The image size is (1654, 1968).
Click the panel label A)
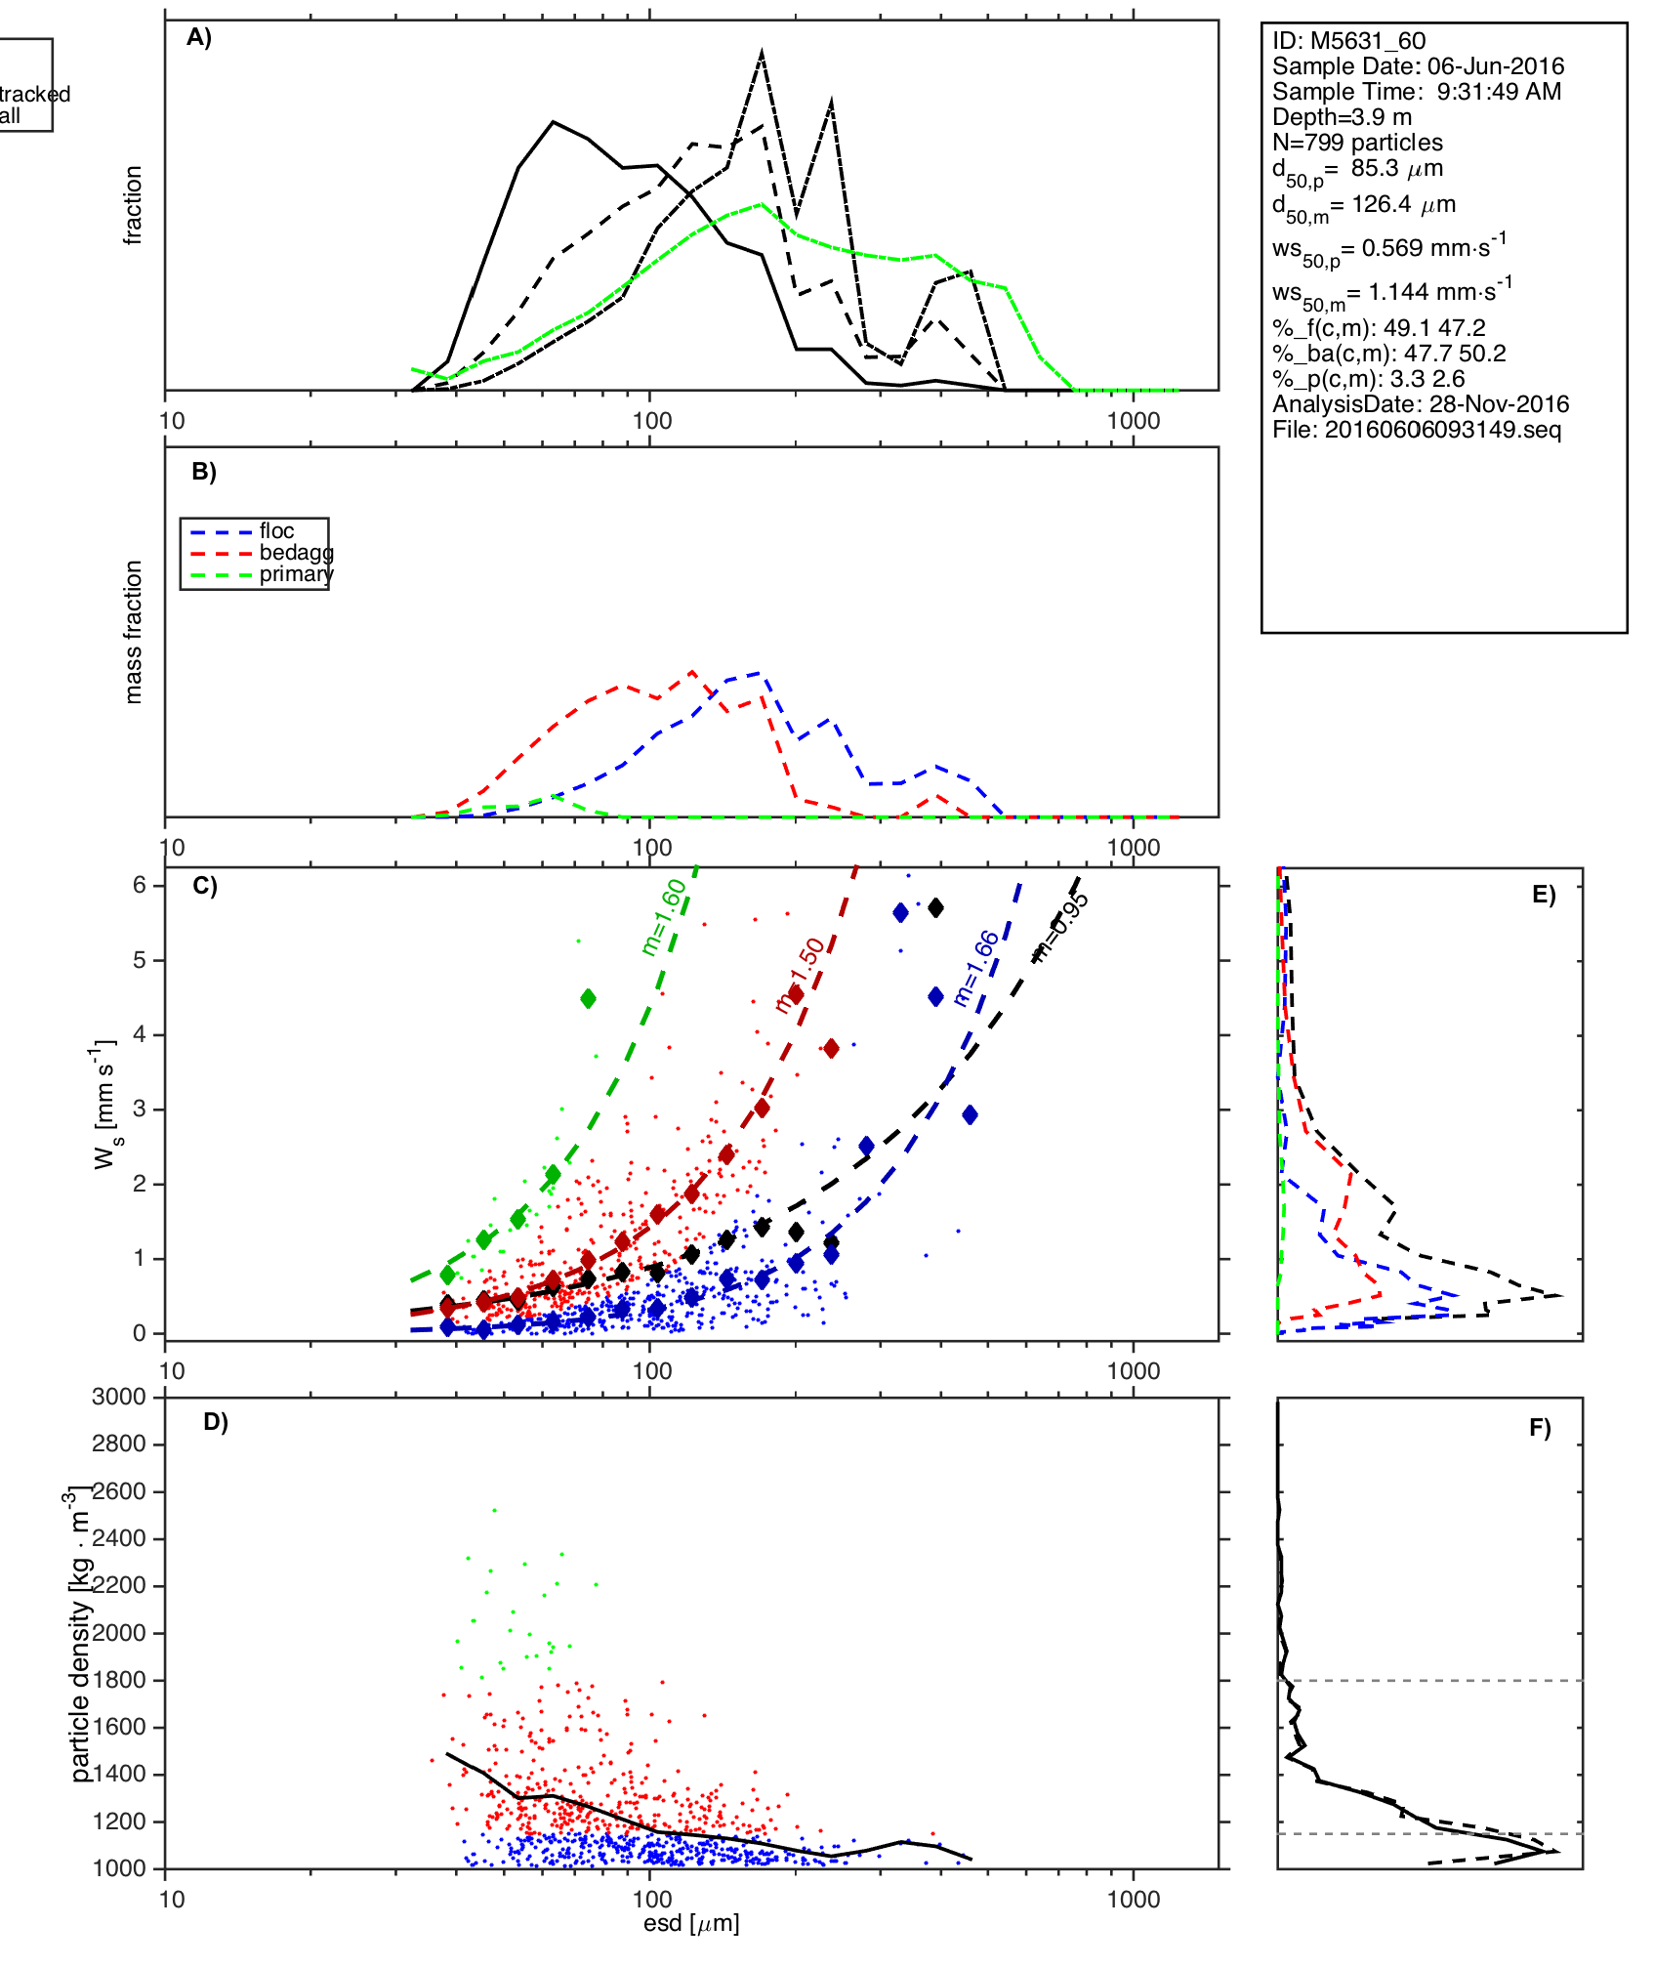click(x=199, y=37)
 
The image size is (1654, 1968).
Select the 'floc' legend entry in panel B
click(x=276, y=531)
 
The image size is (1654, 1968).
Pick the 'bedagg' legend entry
click(x=296, y=553)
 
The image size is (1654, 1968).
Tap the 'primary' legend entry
click(x=296, y=574)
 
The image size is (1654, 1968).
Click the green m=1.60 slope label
click(x=664, y=917)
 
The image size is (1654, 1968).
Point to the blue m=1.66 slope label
click(x=976, y=969)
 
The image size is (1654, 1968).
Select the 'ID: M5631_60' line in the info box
click(x=1348, y=41)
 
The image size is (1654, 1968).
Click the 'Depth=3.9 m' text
click(x=1342, y=117)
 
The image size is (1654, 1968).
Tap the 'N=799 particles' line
click(x=1357, y=143)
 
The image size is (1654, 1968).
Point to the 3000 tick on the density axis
click(x=119, y=1397)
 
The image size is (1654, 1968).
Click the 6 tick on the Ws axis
click(x=140, y=885)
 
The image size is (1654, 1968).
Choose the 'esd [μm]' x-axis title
click(x=691, y=1923)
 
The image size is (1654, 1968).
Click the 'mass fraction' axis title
click(x=134, y=632)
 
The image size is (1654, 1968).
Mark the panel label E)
click(x=1544, y=896)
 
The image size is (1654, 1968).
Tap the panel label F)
click(x=1540, y=1428)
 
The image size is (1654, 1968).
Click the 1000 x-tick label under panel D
click(x=1134, y=1899)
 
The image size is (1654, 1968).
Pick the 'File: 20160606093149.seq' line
click(x=1417, y=430)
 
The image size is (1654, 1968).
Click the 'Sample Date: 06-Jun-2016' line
click(x=1418, y=66)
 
